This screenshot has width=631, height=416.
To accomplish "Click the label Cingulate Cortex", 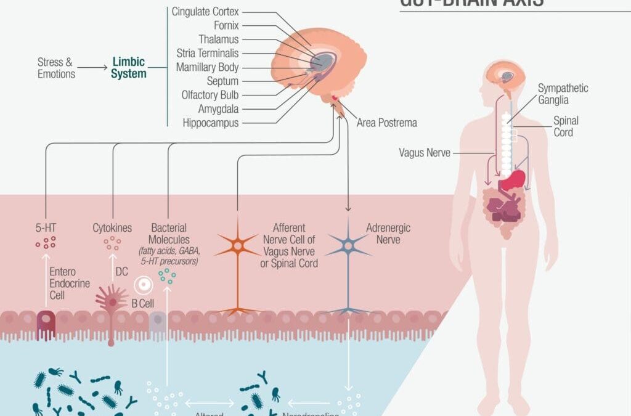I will pyautogui.click(x=205, y=12).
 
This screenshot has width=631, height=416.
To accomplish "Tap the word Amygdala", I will pyautogui.click(x=218, y=108).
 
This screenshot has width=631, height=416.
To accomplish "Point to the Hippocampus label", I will pyautogui.click(x=210, y=123).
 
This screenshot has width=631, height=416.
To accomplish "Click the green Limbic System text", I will pyautogui.click(x=129, y=68).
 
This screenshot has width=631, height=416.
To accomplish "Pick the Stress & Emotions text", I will pyautogui.click(x=55, y=68).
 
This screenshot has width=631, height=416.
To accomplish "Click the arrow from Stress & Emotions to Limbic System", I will pyautogui.click(x=92, y=68).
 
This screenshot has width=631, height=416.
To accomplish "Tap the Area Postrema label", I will pyautogui.click(x=387, y=123).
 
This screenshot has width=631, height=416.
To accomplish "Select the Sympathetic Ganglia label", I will pyautogui.click(x=563, y=94).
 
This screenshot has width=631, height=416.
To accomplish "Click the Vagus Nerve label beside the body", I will pyautogui.click(x=425, y=152).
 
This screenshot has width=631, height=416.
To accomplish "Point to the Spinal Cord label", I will pyautogui.click(x=566, y=126).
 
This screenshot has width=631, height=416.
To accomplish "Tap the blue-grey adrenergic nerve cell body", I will pyautogui.click(x=348, y=246).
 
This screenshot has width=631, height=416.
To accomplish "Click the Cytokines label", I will pyautogui.click(x=112, y=228).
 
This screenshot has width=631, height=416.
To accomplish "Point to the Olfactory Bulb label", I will pyautogui.click(x=210, y=95).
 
